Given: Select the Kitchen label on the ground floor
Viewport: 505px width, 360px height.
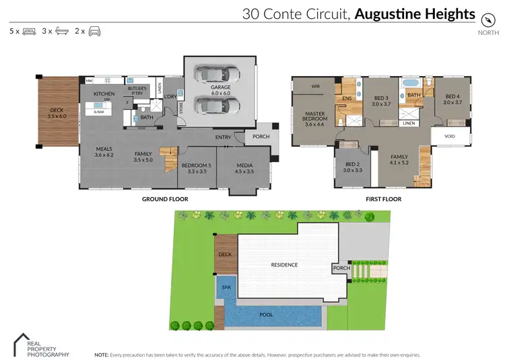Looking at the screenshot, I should click(104, 94).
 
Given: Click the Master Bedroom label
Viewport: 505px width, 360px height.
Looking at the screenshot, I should click(315, 118).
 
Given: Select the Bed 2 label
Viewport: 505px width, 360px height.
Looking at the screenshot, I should click(353, 166).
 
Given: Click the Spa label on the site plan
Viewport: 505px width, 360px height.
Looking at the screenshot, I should click(226, 287).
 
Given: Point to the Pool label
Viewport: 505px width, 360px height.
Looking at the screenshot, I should click(267, 314).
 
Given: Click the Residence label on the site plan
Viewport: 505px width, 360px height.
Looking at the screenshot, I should click(284, 264).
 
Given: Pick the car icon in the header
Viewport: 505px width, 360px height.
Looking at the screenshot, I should click(94, 31).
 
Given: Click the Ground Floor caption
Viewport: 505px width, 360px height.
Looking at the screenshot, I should click(165, 199).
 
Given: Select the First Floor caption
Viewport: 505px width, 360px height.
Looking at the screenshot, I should click(384, 199).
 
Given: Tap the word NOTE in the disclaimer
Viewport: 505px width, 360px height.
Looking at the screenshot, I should click(101, 354).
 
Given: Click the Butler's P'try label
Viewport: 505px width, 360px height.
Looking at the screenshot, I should click(138, 91).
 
